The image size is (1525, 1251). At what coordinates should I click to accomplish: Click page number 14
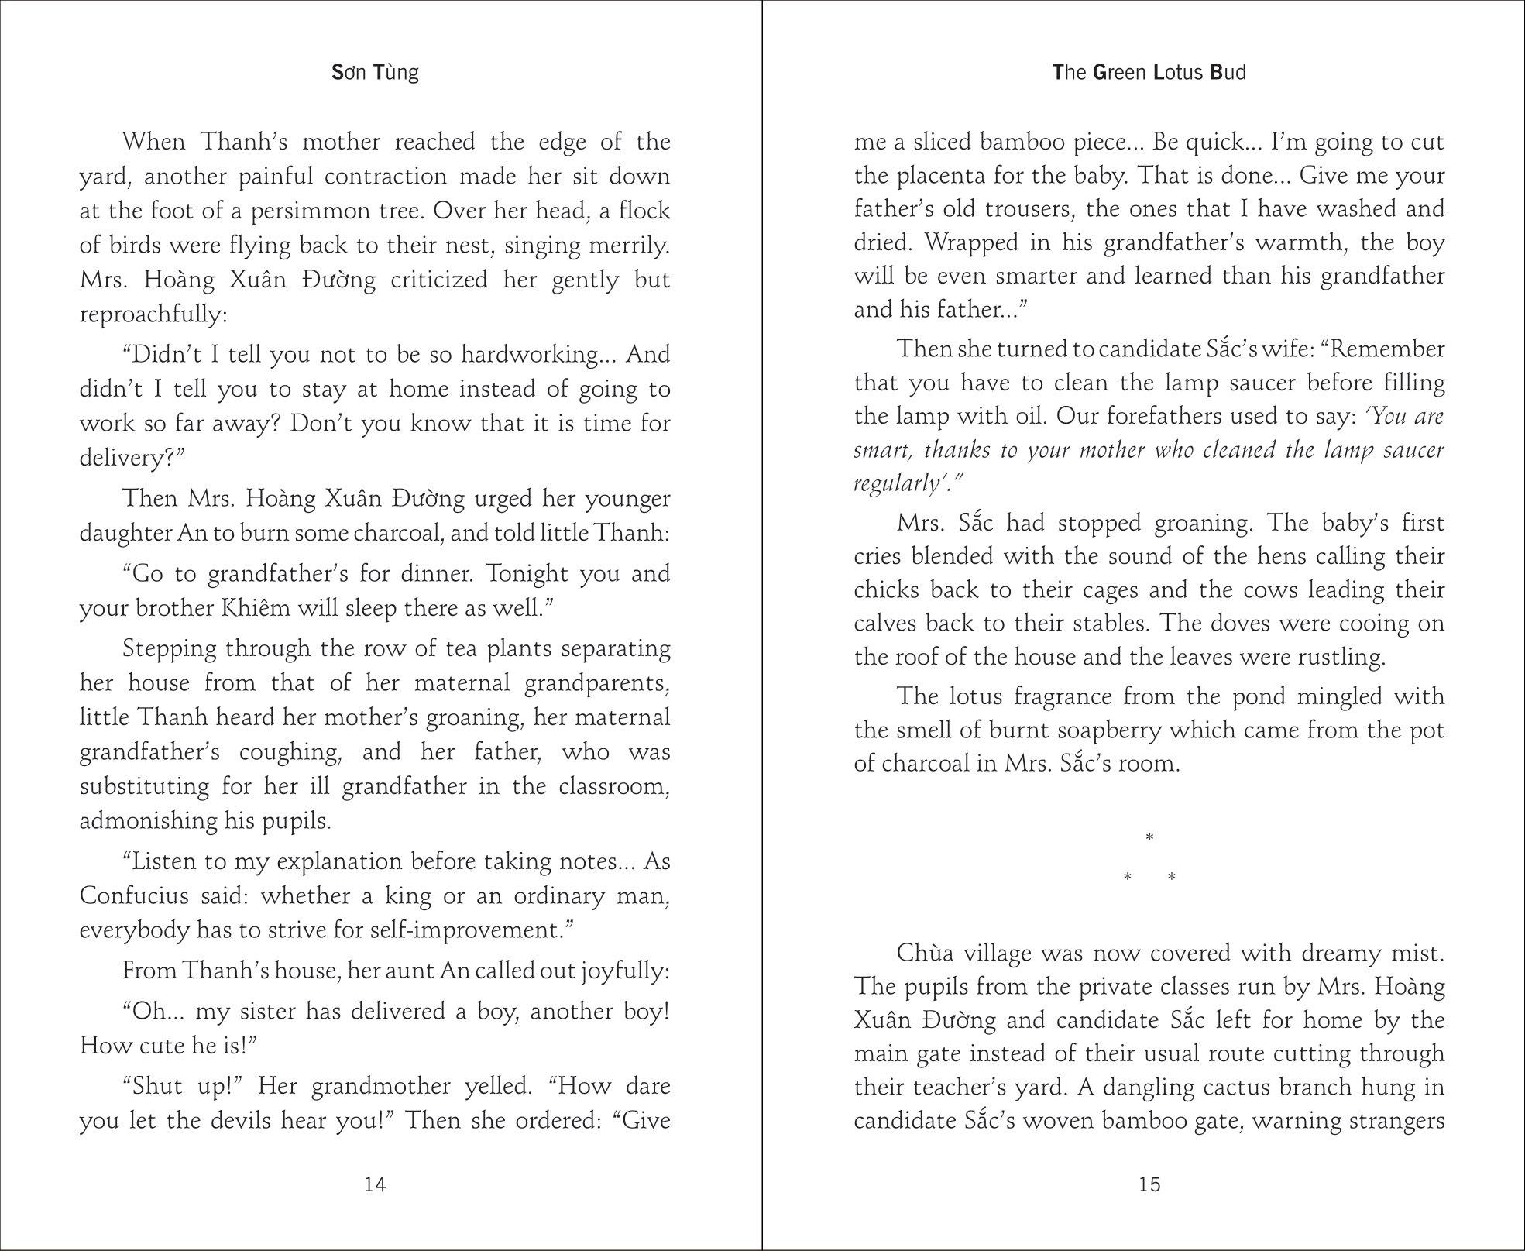coord(375,1184)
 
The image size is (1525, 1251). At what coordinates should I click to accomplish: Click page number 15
coord(1149,1184)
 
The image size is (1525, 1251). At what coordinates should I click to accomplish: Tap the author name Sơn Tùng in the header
coord(375,73)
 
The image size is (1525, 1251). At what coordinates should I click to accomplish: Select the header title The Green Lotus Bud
coord(1149,73)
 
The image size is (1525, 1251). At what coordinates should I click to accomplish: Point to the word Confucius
coord(134,896)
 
